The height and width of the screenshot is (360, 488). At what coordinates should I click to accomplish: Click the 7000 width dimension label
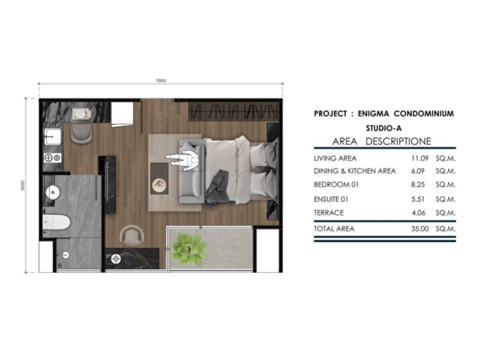pyautogui.click(x=160, y=81)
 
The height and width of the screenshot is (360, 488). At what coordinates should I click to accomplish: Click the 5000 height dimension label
pyautogui.click(x=22, y=186)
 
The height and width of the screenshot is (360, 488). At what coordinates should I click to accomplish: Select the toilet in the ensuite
pyautogui.click(x=56, y=223)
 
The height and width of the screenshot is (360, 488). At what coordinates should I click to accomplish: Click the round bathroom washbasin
pyautogui.click(x=53, y=193)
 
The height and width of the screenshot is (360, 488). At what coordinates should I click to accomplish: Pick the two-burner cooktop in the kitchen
pyautogui.click(x=52, y=158)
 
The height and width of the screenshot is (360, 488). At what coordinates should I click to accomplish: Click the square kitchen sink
pyautogui.click(x=52, y=137)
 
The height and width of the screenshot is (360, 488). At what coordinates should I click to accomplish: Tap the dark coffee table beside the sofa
pyautogui.click(x=160, y=178)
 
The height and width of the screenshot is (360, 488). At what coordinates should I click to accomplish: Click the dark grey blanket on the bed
pyautogui.click(x=218, y=189)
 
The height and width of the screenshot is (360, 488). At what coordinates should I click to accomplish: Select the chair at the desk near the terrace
pyautogui.click(x=132, y=236)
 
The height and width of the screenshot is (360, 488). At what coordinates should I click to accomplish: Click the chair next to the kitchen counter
pyautogui.click(x=82, y=133)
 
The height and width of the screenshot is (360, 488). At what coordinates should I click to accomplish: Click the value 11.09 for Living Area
pyautogui.click(x=420, y=158)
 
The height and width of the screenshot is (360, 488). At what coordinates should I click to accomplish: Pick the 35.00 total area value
pyautogui.click(x=420, y=229)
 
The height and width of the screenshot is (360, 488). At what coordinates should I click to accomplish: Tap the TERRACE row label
pyautogui.click(x=328, y=213)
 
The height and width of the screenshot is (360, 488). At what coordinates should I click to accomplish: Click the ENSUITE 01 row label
pyautogui.click(x=331, y=199)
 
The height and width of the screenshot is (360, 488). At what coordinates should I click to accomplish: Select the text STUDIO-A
pyautogui.click(x=383, y=128)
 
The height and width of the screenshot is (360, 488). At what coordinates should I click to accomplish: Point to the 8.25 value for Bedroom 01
pyautogui.click(x=418, y=184)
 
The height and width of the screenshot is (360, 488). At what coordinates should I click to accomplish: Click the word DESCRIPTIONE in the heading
pyautogui.click(x=398, y=142)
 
